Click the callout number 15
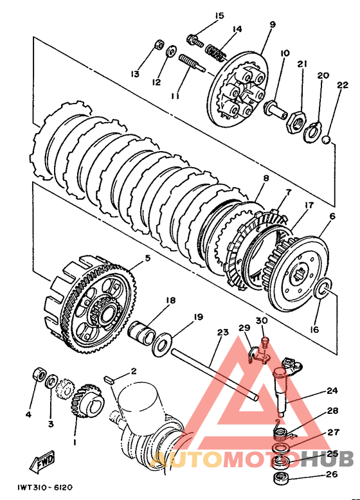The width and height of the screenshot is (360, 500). [219, 15]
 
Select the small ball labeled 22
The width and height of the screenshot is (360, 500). [326, 139]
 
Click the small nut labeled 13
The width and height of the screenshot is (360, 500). [158, 44]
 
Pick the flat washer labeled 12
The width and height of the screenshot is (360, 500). [172, 51]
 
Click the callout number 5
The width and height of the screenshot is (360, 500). [147, 258]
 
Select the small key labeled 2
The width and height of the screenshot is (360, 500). [109, 380]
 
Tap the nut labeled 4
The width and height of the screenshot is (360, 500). [39, 375]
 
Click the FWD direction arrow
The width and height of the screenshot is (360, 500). [42, 461]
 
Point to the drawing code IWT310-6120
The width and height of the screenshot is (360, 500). [45, 488]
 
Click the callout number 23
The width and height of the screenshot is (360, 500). [223, 332]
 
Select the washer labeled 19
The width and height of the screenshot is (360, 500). [162, 344]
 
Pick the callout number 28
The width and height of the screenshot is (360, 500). [332, 411]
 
